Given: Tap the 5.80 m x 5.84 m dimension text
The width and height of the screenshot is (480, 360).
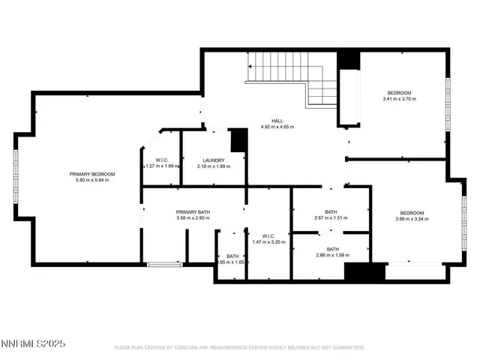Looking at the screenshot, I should click(x=92, y=180).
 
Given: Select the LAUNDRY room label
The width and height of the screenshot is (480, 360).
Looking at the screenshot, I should click(x=214, y=160).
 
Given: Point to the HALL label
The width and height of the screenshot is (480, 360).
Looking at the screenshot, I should click(x=277, y=121).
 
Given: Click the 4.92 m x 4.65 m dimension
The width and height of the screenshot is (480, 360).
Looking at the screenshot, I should click(x=277, y=127).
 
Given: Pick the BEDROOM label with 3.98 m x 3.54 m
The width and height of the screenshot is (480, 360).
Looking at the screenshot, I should click(x=412, y=213).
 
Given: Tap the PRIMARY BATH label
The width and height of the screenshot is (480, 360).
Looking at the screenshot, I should click(x=193, y=212).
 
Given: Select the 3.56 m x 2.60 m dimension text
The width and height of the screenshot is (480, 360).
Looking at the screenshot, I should click(x=193, y=218).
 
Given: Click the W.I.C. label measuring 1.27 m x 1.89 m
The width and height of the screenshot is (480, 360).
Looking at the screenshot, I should click(x=161, y=160).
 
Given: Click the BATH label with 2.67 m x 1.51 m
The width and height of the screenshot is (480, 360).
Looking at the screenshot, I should click(x=331, y=212).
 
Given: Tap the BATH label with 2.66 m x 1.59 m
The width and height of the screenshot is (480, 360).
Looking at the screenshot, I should click(x=332, y=250).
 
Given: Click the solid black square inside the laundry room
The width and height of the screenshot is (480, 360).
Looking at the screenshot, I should click(x=238, y=139).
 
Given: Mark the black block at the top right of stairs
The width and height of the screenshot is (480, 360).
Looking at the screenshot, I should click(x=348, y=59).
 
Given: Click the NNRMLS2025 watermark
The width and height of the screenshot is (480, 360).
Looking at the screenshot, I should click(x=33, y=344).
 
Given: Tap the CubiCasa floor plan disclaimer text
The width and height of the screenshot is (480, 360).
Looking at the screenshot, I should click(x=239, y=348).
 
